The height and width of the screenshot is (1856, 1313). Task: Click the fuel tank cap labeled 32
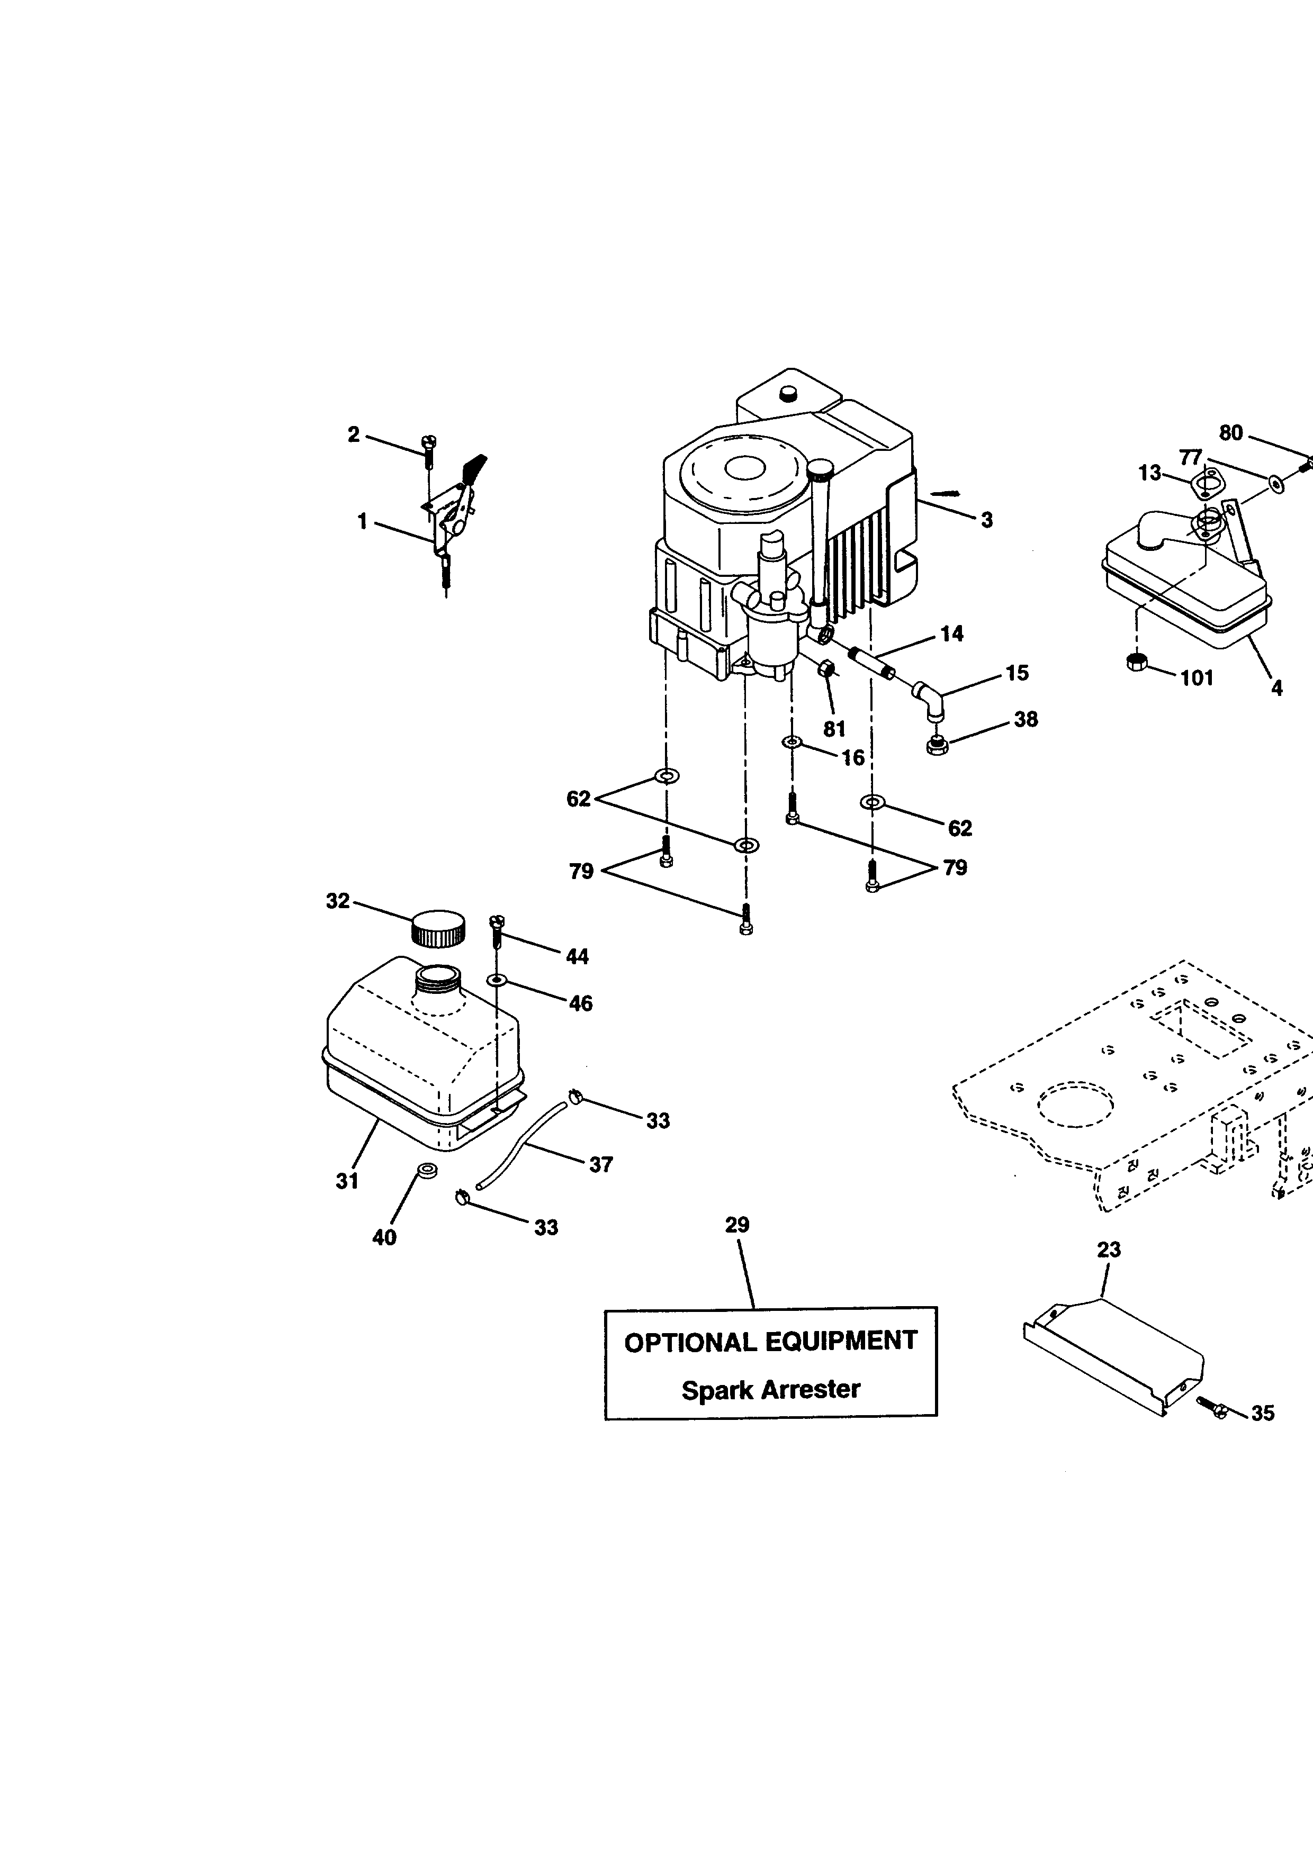tap(438, 928)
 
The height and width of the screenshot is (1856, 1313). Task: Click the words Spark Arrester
tap(770, 1390)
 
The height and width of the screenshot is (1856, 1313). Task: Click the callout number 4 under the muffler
tap(1276, 688)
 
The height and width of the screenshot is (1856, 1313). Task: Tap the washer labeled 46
tap(497, 980)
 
